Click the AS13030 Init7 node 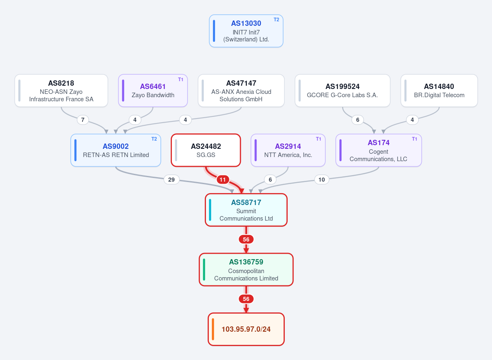tap(246, 31)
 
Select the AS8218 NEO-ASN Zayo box tap(61, 91)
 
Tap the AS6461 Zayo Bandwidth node tap(153, 91)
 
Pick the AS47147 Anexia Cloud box tap(241, 91)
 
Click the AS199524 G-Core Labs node tap(342, 91)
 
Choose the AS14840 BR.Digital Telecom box tap(439, 91)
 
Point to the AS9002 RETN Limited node tap(116, 150)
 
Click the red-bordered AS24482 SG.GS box tap(206, 150)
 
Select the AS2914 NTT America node tap(288, 150)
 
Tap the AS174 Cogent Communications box tap(378, 150)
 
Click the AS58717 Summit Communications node tap(246, 210)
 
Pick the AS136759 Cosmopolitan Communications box tap(246, 270)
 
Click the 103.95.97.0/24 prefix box tap(246, 329)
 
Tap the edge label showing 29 tap(172, 180)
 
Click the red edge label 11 tap(222, 180)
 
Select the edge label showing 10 tap(322, 180)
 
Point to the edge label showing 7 tap(83, 120)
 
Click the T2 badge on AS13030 tap(276, 19)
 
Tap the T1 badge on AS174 tap(414, 139)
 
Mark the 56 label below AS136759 tap(246, 299)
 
